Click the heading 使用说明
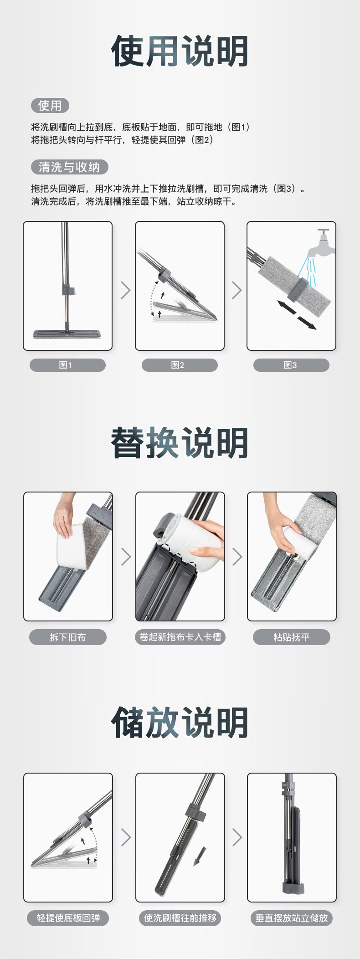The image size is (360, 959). (x=180, y=51)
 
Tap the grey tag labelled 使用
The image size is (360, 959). (x=50, y=106)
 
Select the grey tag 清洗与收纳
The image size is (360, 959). (x=69, y=167)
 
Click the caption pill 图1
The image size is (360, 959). (x=67, y=365)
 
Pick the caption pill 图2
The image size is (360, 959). (x=180, y=365)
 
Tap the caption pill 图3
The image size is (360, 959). (x=291, y=365)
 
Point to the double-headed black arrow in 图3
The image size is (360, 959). (x=297, y=315)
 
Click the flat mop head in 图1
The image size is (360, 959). (x=67, y=333)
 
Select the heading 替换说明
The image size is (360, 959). (x=180, y=443)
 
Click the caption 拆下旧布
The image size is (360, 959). (x=68, y=637)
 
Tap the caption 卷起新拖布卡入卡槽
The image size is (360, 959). (x=180, y=637)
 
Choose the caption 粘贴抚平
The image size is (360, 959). (x=292, y=637)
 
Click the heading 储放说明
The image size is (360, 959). (x=180, y=723)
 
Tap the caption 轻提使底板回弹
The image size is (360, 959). (x=68, y=918)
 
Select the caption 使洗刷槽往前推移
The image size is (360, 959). (x=180, y=918)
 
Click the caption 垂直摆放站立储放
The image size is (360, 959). (x=292, y=918)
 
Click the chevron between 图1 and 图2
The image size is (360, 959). (x=126, y=290)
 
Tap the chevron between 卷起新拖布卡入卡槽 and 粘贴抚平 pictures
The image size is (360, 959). (x=237, y=556)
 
